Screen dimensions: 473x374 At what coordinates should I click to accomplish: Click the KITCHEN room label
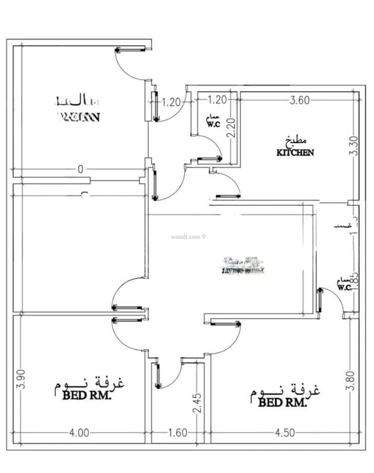click(x=295, y=153)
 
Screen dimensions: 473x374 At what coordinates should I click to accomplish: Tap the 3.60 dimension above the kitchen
click(x=300, y=100)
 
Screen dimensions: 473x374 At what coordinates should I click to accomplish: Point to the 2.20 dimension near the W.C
click(x=231, y=127)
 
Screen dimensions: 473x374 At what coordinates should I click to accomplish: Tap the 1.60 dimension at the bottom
click(x=178, y=433)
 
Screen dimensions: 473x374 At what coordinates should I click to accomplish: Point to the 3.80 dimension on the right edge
click(x=353, y=381)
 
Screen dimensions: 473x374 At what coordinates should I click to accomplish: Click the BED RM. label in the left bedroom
click(x=87, y=396)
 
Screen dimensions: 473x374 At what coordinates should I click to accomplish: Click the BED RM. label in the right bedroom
click(x=282, y=402)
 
